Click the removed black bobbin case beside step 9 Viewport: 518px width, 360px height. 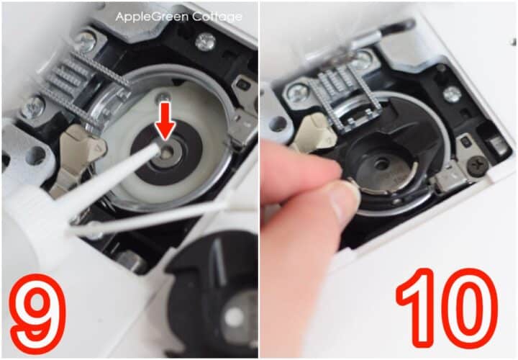point(216,295)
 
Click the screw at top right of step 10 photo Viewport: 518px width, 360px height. point(452,94)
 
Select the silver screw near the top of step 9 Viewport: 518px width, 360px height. point(205,41)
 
